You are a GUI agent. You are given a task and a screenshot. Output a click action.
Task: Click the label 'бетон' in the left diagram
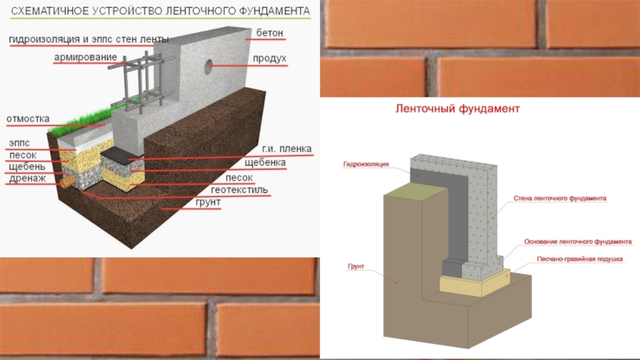coord(270,33)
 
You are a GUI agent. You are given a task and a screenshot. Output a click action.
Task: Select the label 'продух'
coord(270,58)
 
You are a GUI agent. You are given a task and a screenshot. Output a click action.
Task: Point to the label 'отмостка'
coord(28,118)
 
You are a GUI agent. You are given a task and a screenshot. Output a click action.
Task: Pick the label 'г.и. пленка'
coord(286,150)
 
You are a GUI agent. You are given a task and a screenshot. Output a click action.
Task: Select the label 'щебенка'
coord(265,162)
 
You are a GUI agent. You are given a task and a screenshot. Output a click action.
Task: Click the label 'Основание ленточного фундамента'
coord(578,241)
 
